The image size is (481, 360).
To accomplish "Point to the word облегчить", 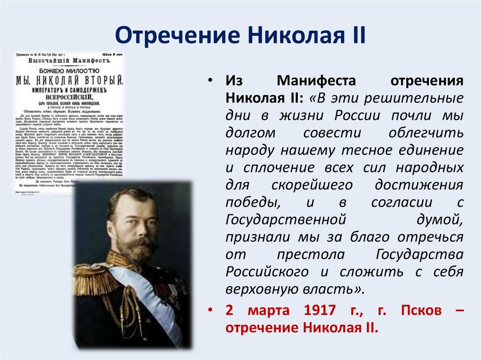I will [x=426, y=133].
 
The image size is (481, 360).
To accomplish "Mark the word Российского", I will [x=267, y=271].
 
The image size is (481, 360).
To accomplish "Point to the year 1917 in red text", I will [x=319, y=310].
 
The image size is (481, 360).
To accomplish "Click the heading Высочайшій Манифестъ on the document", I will [x=69, y=61].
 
